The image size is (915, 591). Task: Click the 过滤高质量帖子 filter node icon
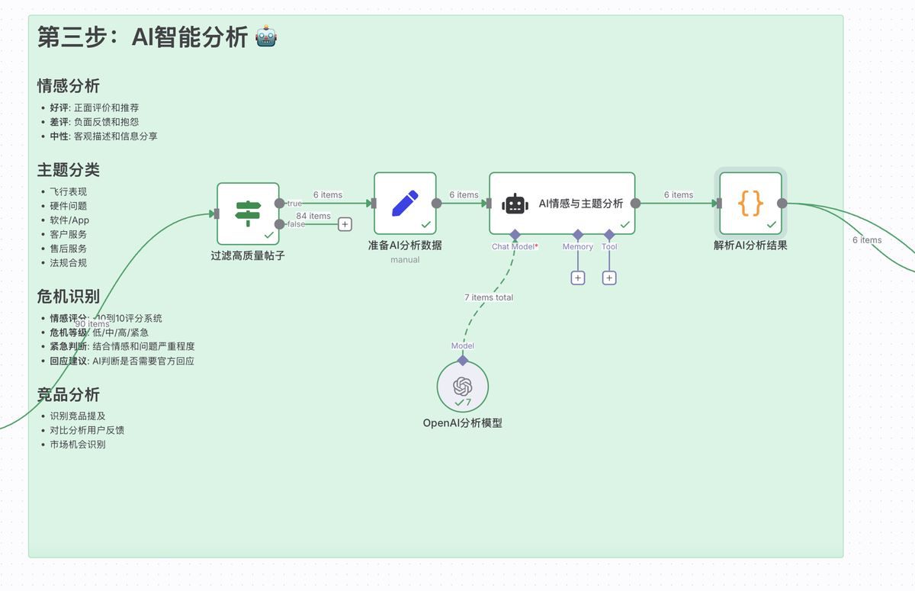point(248,214)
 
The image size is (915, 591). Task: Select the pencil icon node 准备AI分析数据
point(405,204)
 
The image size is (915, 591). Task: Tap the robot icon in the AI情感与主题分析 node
point(515,204)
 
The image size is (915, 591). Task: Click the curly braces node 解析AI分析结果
point(750,204)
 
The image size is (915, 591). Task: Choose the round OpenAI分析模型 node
point(463,387)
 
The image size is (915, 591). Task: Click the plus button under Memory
point(578,278)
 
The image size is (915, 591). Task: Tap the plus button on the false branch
point(345,224)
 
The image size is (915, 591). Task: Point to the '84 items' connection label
point(313,216)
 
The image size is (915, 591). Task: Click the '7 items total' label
point(489,297)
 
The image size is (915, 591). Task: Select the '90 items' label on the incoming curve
point(92,324)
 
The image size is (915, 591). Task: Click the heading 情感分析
point(69,86)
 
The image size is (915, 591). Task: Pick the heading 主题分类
point(69,170)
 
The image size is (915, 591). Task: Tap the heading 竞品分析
point(69,395)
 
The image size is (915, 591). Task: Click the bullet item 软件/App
point(69,220)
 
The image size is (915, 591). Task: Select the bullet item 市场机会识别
point(78,444)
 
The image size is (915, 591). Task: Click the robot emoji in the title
point(266,37)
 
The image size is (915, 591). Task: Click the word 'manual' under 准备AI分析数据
point(405,260)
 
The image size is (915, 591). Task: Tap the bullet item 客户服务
point(69,234)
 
